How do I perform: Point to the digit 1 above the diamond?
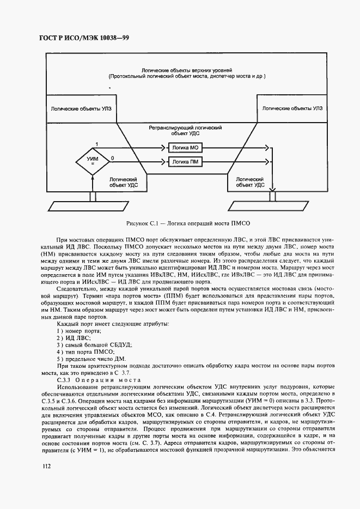click(96, 143)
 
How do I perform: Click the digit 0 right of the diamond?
click(112, 157)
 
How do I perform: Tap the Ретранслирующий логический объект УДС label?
click(186, 129)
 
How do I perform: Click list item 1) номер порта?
click(79, 331)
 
